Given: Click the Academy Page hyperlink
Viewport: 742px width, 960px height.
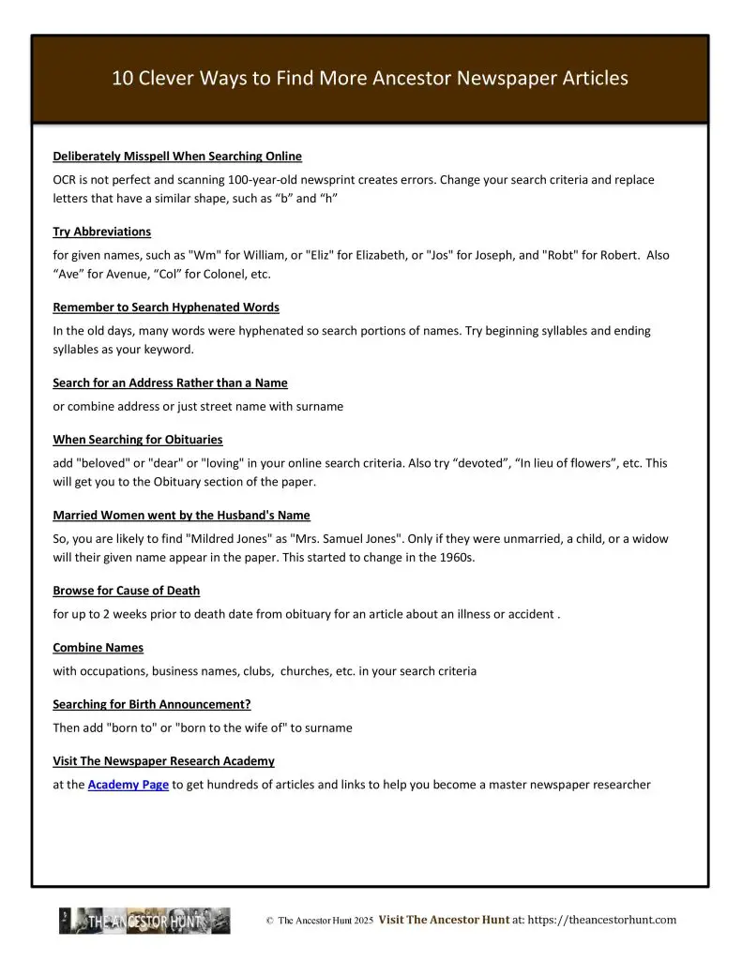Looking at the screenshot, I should [x=129, y=786].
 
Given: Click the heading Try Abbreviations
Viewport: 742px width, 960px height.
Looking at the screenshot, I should [x=101, y=231].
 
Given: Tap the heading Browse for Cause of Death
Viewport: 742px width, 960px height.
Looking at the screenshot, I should [x=126, y=591].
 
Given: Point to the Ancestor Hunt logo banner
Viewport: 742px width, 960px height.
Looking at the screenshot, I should [x=144, y=921].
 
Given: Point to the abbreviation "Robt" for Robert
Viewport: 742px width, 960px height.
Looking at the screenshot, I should [x=559, y=255].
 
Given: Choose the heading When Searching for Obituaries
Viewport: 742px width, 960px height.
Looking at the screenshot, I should [x=137, y=439].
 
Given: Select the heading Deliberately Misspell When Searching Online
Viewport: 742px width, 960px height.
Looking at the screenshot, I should [x=177, y=155].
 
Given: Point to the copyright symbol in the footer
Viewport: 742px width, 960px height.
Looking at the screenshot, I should [x=269, y=922].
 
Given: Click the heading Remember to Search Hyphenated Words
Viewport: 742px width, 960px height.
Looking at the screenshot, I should [x=166, y=307].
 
